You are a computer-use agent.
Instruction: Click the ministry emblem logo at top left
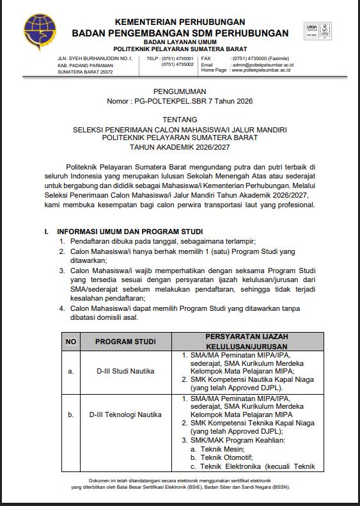(35, 31)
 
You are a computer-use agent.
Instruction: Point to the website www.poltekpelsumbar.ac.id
(261, 70)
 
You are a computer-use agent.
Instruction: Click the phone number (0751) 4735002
(177, 65)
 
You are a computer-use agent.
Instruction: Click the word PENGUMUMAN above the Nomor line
(180, 92)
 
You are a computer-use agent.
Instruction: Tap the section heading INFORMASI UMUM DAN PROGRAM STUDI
(130, 231)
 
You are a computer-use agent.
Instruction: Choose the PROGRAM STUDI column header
(125, 342)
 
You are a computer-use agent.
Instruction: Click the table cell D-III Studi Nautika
(126, 371)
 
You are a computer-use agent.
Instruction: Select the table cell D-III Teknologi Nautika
(126, 416)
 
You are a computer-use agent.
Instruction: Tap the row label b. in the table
(70, 416)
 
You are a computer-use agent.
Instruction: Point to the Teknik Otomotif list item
(221, 457)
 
